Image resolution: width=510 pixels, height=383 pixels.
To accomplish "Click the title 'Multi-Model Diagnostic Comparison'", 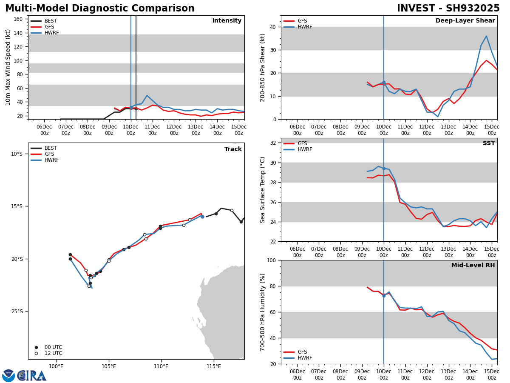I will click(100, 9).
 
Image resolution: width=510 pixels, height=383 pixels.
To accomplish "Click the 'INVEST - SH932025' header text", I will click(448, 9).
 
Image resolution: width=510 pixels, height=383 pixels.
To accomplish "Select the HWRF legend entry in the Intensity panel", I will click(51, 33).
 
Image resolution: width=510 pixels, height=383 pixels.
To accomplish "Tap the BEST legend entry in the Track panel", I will click(51, 148).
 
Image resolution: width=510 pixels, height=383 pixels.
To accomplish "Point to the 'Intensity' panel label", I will click(227, 21).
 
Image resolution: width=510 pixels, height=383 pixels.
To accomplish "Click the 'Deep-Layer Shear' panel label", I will click(465, 21).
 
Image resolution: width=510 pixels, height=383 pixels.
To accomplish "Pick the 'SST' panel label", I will click(489, 143).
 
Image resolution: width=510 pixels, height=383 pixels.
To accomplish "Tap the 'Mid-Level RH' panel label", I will click(473, 266).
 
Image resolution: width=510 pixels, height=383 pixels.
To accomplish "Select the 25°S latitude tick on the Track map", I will click(17, 312).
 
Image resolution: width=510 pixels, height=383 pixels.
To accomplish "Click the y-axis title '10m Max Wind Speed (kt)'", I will click(8, 67).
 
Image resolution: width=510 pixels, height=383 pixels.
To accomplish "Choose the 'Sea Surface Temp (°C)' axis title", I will click(263, 190).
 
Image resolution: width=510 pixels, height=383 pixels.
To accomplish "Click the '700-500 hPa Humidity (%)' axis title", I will click(263, 312).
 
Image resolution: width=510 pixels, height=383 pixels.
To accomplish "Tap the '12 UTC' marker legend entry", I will click(53, 353).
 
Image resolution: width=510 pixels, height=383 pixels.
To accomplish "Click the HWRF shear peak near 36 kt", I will click(487, 36).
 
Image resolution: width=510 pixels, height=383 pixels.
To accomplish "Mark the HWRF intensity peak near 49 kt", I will click(147, 96).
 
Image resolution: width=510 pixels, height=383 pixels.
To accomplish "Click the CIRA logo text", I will click(32, 376).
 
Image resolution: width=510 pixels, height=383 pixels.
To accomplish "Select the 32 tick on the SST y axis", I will click(273, 143).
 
